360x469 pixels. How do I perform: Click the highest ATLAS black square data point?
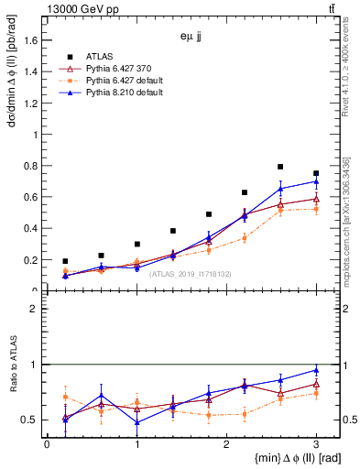280,167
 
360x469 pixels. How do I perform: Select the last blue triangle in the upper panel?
316,181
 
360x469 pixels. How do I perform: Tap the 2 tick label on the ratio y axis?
37,309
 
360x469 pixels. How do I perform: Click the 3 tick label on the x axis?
316,444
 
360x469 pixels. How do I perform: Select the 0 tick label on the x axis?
47,444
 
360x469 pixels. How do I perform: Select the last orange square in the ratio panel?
316,393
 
